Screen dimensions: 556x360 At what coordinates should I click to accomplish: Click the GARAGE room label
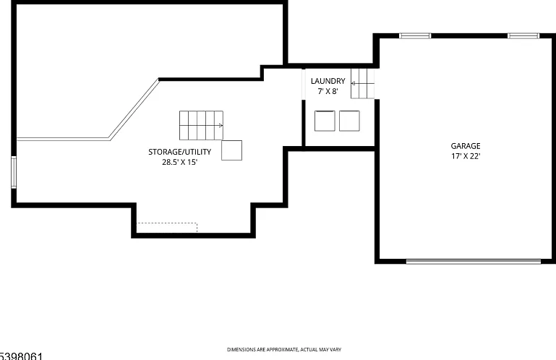pos(466,146)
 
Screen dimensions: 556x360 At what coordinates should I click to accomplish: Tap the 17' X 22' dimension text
pos(466,156)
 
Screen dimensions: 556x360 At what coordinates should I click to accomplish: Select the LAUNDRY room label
pos(328,81)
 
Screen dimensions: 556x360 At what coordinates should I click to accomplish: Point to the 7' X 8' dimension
pos(328,91)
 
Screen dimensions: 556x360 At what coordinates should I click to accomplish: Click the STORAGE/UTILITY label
pos(180,152)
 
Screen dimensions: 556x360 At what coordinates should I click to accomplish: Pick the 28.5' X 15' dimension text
pos(180,162)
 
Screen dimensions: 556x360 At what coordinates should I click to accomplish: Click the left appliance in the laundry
pos(325,121)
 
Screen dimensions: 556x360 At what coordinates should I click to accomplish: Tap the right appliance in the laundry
pos(349,121)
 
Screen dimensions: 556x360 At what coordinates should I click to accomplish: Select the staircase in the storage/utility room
pos(201,125)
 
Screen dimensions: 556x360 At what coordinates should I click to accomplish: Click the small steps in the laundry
pos(362,83)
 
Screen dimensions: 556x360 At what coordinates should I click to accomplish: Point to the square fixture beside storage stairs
pos(232,150)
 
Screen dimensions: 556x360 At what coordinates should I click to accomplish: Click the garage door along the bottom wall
pos(474,262)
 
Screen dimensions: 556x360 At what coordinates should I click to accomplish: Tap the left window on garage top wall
pos(415,35)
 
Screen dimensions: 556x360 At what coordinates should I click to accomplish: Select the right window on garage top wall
pos(523,35)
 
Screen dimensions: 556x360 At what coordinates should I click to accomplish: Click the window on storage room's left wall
pos(14,172)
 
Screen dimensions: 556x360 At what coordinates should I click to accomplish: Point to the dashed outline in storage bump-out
pos(167,223)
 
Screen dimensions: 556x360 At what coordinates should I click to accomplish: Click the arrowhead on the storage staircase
pos(221,125)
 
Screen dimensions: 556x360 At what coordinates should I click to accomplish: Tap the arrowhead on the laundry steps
pos(353,83)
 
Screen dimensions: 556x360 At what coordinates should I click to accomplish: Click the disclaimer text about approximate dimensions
pos(284,350)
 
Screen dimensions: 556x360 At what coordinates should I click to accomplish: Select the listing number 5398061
pos(21,356)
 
